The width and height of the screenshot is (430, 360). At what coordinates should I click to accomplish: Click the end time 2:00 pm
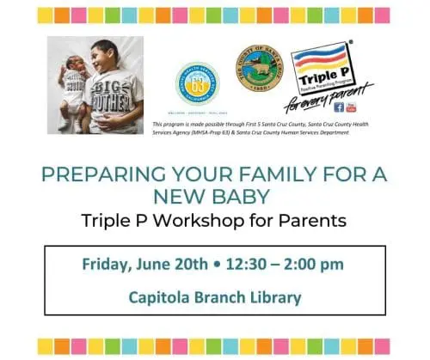click(320, 264)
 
